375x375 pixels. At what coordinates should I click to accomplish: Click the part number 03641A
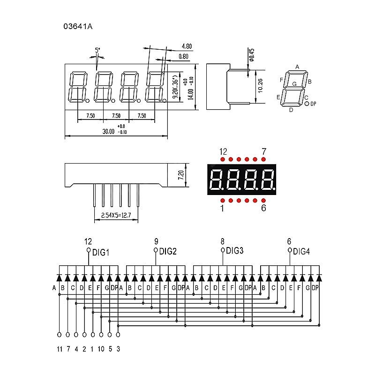click(78, 27)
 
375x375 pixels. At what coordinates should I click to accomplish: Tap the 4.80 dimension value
click(186, 46)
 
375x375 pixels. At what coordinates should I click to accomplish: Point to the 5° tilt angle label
click(97, 50)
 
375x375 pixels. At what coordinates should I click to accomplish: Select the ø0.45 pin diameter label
click(251, 55)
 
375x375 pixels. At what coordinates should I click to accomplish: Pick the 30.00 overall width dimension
click(108, 132)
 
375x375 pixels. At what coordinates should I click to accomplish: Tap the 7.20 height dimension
click(180, 175)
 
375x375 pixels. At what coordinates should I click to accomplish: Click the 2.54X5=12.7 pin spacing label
click(117, 216)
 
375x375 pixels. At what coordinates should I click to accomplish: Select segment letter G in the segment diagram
click(294, 83)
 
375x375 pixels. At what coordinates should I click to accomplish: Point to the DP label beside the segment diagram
click(314, 103)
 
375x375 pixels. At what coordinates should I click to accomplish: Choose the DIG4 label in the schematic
click(301, 252)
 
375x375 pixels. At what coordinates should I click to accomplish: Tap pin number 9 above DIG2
click(156, 242)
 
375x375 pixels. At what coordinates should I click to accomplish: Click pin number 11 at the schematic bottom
click(60, 349)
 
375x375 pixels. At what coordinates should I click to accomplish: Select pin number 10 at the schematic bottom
click(101, 349)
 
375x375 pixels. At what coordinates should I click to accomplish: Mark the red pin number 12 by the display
click(223, 152)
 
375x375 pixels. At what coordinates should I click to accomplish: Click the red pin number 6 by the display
click(263, 208)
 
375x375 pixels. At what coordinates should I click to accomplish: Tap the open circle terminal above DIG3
click(223, 250)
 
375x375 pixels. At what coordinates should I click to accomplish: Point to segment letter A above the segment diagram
click(297, 67)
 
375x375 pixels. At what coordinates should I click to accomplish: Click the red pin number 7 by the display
click(264, 152)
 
